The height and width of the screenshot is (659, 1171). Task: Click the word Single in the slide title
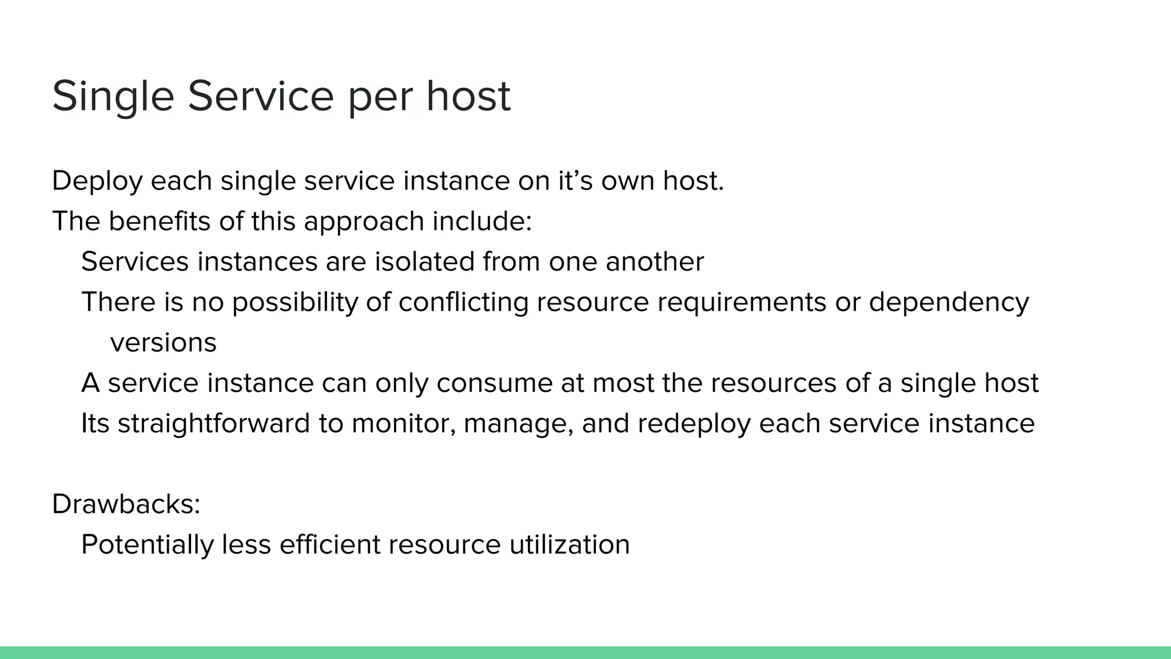(x=113, y=96)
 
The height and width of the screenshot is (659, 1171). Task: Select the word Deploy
(x=97, y=181)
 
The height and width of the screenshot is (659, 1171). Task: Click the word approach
(x=364, y=222)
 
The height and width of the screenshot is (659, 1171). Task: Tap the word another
(x=655, y=261)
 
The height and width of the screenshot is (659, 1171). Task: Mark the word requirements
(x=742, y=302)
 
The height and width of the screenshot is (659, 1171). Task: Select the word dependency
(x=949, y=302)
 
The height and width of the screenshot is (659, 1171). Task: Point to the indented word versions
(x=163, y=343)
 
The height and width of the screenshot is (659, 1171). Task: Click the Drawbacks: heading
(x=126, y=504)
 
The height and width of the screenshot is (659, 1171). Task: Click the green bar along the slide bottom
(x=585, y=653)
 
